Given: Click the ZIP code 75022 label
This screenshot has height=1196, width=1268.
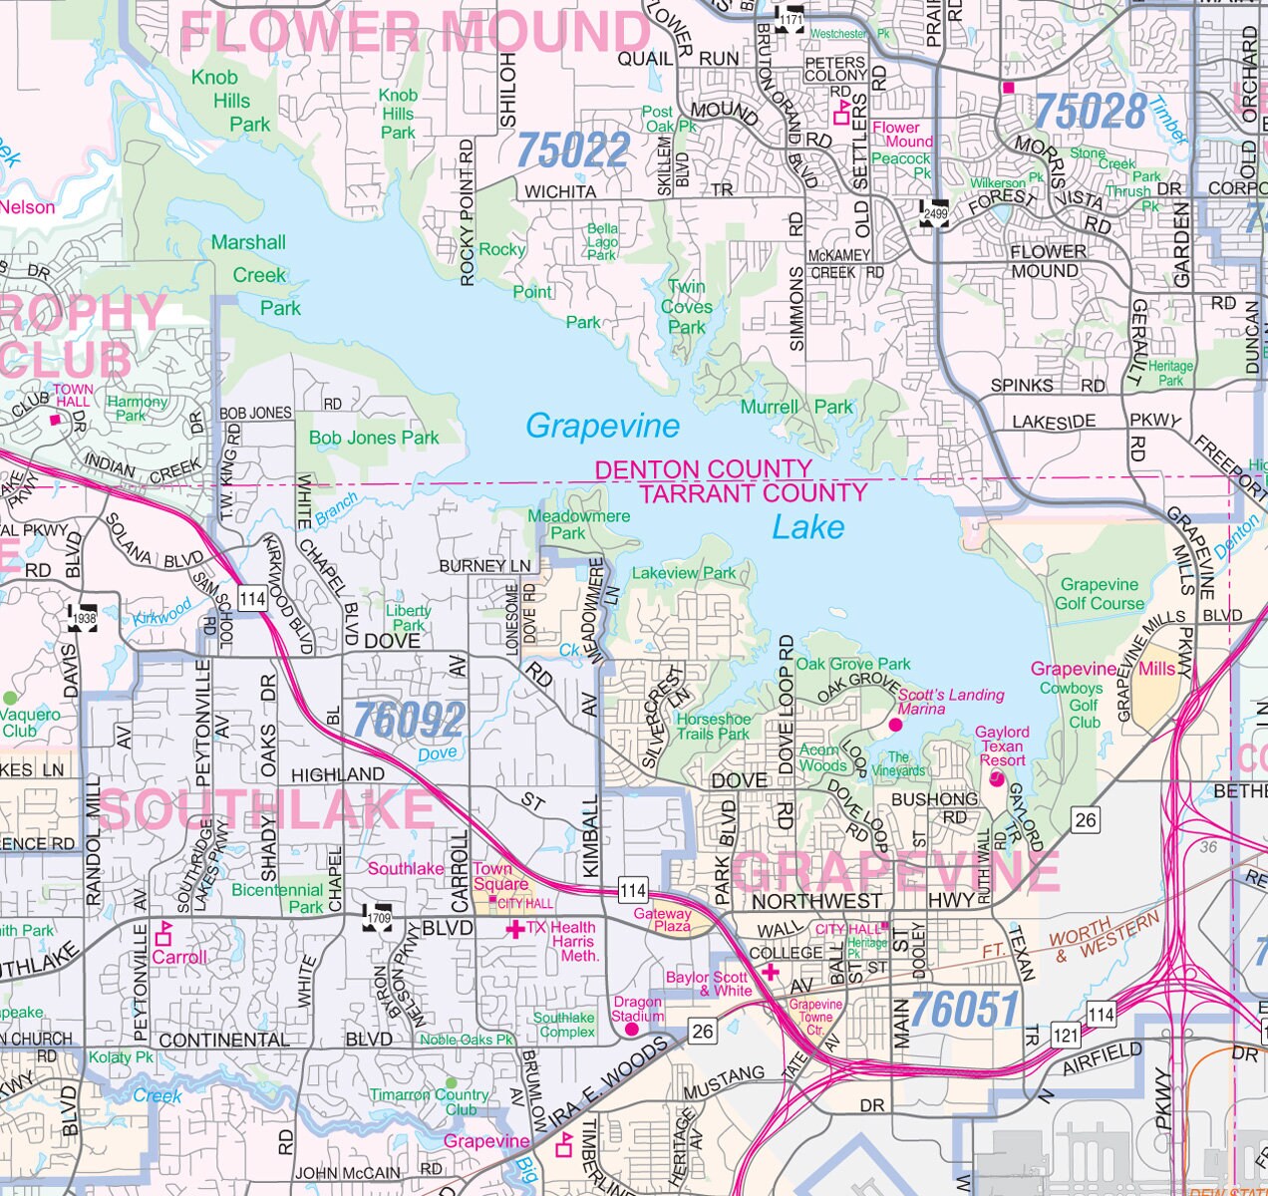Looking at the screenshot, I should point(573,150).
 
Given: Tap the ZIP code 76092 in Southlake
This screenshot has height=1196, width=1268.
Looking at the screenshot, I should point(409,720).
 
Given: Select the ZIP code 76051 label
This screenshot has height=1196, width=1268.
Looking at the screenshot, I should point(963,1010).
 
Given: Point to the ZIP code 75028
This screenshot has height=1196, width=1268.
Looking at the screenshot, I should point(1091,111).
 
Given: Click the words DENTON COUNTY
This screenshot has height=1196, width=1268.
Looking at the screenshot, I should point(703,469).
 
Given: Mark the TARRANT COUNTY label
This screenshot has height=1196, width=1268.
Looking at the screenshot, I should point(753,493).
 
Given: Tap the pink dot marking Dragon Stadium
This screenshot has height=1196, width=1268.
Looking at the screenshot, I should point(631,1029).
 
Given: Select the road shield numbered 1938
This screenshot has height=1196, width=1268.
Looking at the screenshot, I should point(83,617).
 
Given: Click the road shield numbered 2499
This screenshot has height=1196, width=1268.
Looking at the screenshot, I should point(934,213).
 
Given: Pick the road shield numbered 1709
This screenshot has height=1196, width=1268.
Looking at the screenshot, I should point(379,918).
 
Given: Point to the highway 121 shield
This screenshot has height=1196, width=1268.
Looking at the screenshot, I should point(1066,1035).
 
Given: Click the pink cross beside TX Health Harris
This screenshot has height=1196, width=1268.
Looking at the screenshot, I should point(514,929).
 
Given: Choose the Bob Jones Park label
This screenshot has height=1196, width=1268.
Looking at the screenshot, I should point(374,438).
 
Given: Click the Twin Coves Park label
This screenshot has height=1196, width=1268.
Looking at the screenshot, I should point(687,307).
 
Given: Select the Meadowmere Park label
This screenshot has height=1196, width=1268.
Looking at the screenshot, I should point(578,524).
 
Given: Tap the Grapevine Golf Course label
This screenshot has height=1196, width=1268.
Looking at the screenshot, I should point(1100,594).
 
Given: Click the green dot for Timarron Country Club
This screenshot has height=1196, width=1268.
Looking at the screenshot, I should point(451,1082).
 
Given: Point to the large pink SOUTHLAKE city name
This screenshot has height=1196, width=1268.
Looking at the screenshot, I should point(266,809).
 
